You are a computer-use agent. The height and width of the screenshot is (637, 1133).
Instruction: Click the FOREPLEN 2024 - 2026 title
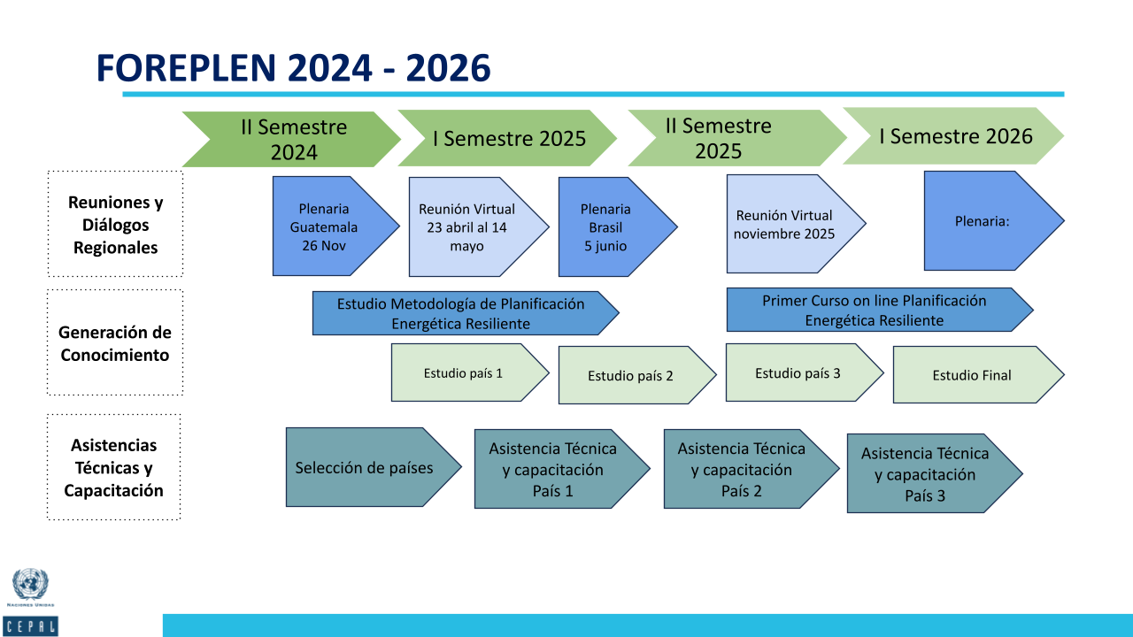point(293,68)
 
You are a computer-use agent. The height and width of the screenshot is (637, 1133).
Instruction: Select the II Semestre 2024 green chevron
point(291,139)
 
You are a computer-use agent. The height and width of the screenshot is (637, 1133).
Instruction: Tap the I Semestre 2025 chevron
point(507,138)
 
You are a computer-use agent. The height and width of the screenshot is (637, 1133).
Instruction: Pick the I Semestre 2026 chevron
point(953,136)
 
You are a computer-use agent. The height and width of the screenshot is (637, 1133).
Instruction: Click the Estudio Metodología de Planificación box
point(466,313)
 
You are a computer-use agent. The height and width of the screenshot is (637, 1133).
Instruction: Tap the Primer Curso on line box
point(880,310)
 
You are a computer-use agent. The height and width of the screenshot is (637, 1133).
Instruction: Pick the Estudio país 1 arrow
point(470,372)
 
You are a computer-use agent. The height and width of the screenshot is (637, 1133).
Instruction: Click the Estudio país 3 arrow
point(805,372)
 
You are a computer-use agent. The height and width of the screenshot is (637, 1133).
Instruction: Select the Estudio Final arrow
point(979,374)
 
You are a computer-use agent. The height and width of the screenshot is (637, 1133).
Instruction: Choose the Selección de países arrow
point(374,467)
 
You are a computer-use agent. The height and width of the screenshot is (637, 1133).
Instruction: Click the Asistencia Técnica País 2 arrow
point(751,469)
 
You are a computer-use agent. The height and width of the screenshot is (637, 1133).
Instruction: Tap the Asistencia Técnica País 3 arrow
point(935,473)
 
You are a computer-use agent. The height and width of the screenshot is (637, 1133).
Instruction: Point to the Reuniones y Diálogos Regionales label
point(115,225)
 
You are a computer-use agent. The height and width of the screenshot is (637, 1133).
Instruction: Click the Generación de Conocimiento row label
point(115,342)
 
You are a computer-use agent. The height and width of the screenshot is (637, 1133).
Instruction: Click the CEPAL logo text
point(30,626)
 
